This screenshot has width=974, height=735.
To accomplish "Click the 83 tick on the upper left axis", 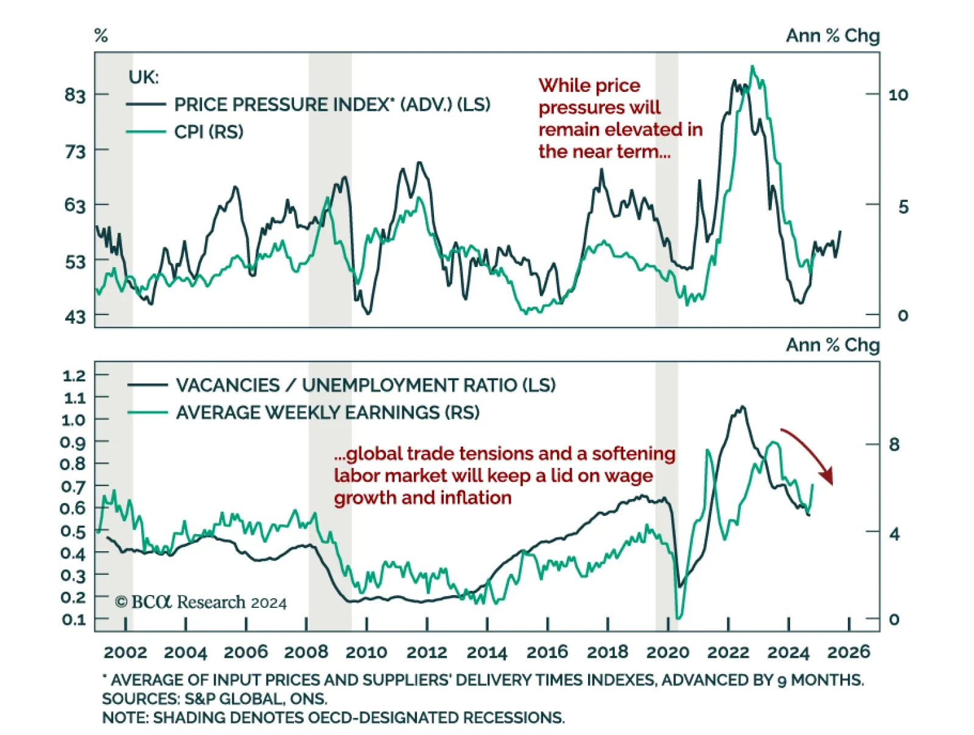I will (75, 95).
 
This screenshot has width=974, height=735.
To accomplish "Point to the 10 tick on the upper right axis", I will (898, 95).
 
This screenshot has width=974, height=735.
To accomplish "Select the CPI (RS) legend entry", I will (208, 132).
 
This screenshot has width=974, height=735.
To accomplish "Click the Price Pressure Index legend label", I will (332, 105).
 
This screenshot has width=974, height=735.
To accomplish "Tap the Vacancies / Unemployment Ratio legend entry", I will (365, 385).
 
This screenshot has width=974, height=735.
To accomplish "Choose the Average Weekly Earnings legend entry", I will (328, 413).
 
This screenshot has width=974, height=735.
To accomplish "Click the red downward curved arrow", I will (810, 453).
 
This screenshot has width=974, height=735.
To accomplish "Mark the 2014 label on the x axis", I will (486, 653).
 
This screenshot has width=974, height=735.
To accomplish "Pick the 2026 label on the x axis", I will (849, 653).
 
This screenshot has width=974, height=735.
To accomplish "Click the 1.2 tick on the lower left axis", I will (74, 375).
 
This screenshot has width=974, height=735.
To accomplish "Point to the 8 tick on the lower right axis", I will (894, 445).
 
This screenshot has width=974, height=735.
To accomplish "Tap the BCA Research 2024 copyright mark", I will (201, 602).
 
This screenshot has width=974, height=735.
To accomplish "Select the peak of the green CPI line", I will (753, 66).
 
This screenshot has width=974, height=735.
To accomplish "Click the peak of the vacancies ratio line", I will (741, 407).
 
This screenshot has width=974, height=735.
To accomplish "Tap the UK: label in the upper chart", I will (144, 77).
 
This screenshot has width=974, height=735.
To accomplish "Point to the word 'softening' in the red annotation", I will (633, 454).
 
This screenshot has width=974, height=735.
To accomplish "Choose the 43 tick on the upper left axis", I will (75, 316).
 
